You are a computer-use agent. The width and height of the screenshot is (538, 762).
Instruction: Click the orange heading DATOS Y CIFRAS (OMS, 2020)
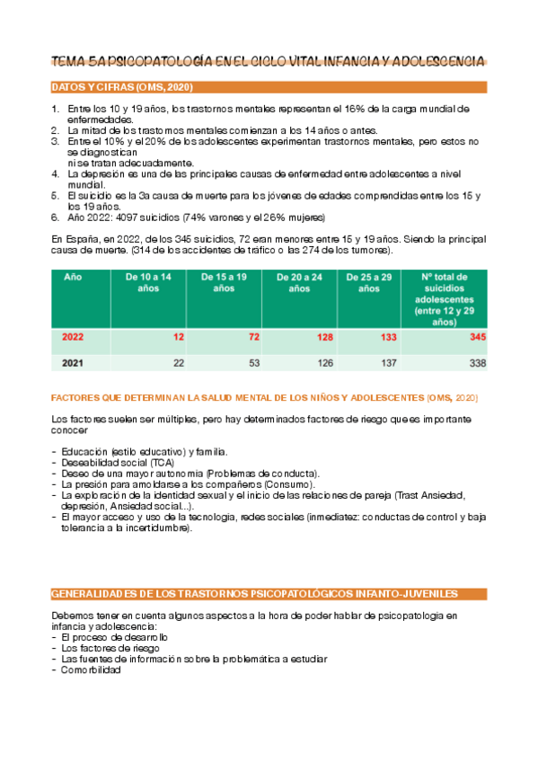tap(122, 87)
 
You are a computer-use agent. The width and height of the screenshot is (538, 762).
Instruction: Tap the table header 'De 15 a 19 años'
tap(224, 283)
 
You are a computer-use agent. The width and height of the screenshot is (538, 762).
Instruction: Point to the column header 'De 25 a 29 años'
tap(368, 283)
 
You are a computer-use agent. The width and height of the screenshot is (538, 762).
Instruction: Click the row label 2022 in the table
tap(74, 338)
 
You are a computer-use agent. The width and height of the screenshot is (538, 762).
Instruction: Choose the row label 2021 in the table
tap(74, 363)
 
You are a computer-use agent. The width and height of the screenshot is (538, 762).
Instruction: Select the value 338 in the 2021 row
tap(477, 363)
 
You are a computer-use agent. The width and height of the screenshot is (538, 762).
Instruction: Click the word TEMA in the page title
tap(68, 61)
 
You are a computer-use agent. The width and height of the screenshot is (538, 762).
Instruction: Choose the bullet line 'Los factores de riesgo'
tap(110, 648)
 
